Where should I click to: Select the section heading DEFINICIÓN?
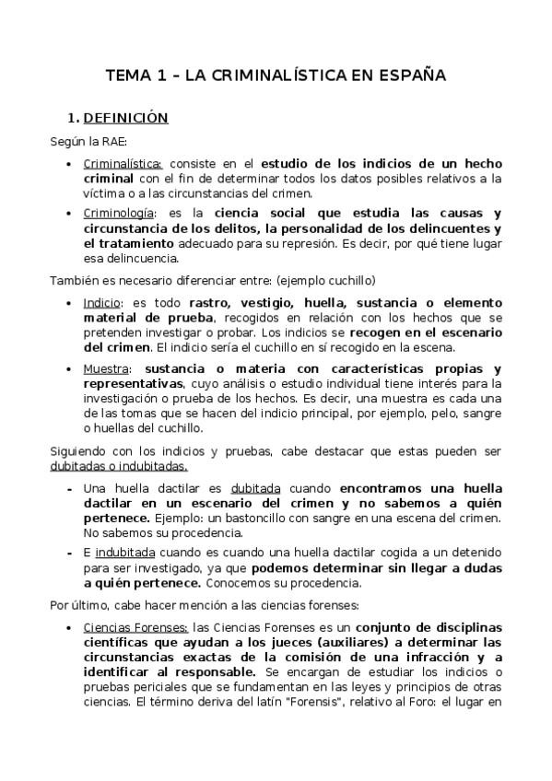(x=125, y=118)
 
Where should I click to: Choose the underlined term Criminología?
(x=120, y=214)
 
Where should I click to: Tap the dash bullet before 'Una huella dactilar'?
(x=70, y=488)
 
